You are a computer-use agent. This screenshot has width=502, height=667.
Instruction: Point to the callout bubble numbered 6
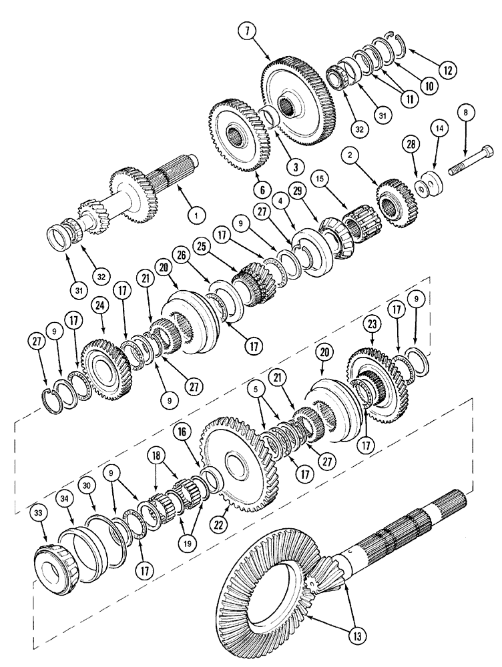tap(262, 190)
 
